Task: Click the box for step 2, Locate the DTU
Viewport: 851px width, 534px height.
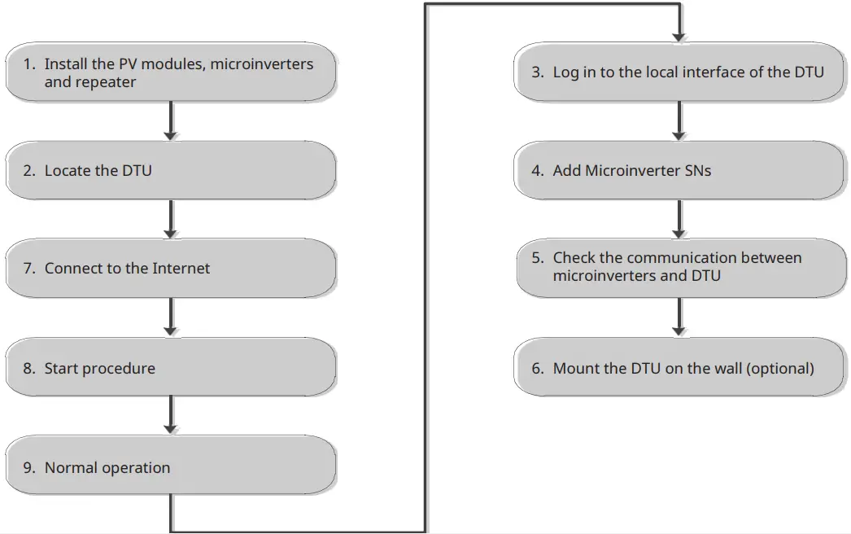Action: coord(171,170)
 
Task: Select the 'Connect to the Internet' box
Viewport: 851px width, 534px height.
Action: coord(171,269)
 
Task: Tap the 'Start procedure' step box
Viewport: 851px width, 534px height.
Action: coord(171,368)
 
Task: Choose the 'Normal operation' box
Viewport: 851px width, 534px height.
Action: coord(171,467)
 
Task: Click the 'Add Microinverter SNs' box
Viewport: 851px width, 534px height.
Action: coord(679,170)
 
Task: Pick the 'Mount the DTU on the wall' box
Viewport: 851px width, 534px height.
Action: coord(679,368)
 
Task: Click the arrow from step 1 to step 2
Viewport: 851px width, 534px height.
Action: coord(171,120)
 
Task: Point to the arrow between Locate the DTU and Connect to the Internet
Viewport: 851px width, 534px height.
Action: coord(171,219)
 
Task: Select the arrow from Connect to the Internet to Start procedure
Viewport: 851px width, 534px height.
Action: coord(171,317)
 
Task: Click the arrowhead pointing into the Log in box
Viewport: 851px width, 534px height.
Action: coord(679,37)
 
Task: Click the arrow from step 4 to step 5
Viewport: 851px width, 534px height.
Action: coord(679,219)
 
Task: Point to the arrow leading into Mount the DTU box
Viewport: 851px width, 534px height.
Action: coord(679,317)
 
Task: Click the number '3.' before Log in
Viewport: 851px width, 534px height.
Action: coord(538,72)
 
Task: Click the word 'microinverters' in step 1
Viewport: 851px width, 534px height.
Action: coord(261,63)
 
